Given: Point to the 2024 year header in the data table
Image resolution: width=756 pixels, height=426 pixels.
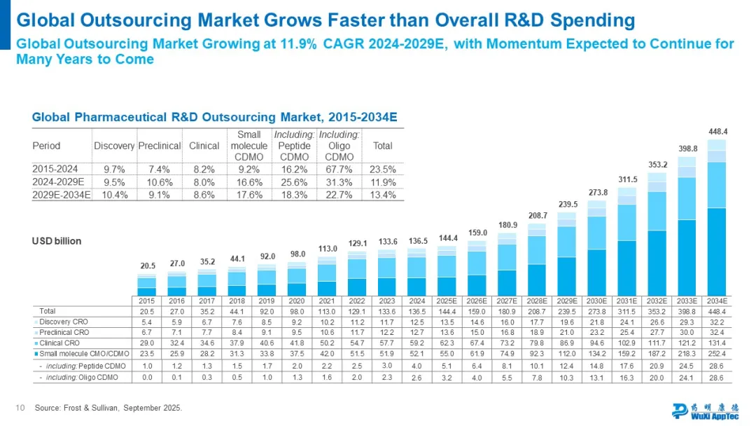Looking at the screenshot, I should coord(416,300).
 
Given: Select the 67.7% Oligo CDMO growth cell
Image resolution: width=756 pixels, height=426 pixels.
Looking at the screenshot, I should coord(339,169).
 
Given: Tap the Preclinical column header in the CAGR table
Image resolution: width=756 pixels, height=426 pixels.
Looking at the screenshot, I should coord(160,146).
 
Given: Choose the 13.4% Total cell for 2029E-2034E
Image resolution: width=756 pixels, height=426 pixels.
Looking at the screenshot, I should coord(382,195).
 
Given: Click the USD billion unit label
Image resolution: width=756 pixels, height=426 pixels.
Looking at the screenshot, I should coord(57,241).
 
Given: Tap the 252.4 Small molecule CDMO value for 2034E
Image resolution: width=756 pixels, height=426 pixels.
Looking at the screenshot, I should coord(717,354).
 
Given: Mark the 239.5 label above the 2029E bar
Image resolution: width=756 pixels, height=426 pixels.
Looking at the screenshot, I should coord(566,204).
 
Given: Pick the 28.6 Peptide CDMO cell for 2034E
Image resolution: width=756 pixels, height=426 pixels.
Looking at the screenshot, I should coord(717,366).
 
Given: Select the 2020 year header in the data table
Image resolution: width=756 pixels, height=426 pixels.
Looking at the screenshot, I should coord(297,300).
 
